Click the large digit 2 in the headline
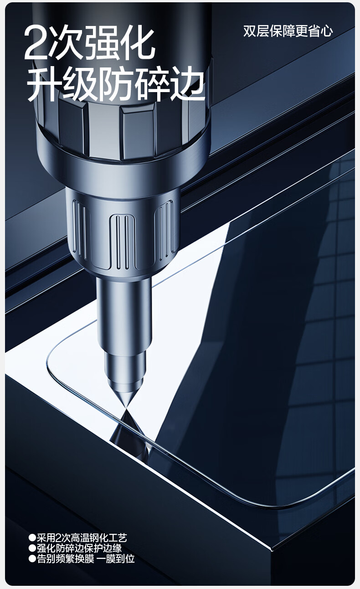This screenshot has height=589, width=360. tap(35, 43)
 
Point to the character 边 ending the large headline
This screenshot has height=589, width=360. tap(187, 84)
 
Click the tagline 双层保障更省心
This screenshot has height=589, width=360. tap(288, 31)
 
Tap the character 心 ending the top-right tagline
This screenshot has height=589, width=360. tap(327, 31)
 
